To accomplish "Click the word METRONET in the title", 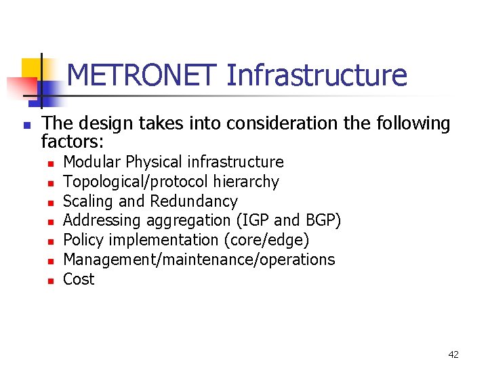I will [143, 75].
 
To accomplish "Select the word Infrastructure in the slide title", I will [317, 75].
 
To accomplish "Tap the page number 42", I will [453, 354].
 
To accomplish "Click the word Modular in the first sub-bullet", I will [92, 162].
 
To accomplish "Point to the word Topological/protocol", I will [136, 182].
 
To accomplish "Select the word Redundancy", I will [194, 202].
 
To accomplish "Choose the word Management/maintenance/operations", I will [199, 260].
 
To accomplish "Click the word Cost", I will [79, 279].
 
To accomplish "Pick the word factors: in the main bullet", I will [73, 142].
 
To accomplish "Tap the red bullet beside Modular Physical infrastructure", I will [49, 163].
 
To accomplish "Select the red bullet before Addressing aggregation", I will [49, 222].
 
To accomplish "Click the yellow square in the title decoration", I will [32, 68].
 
